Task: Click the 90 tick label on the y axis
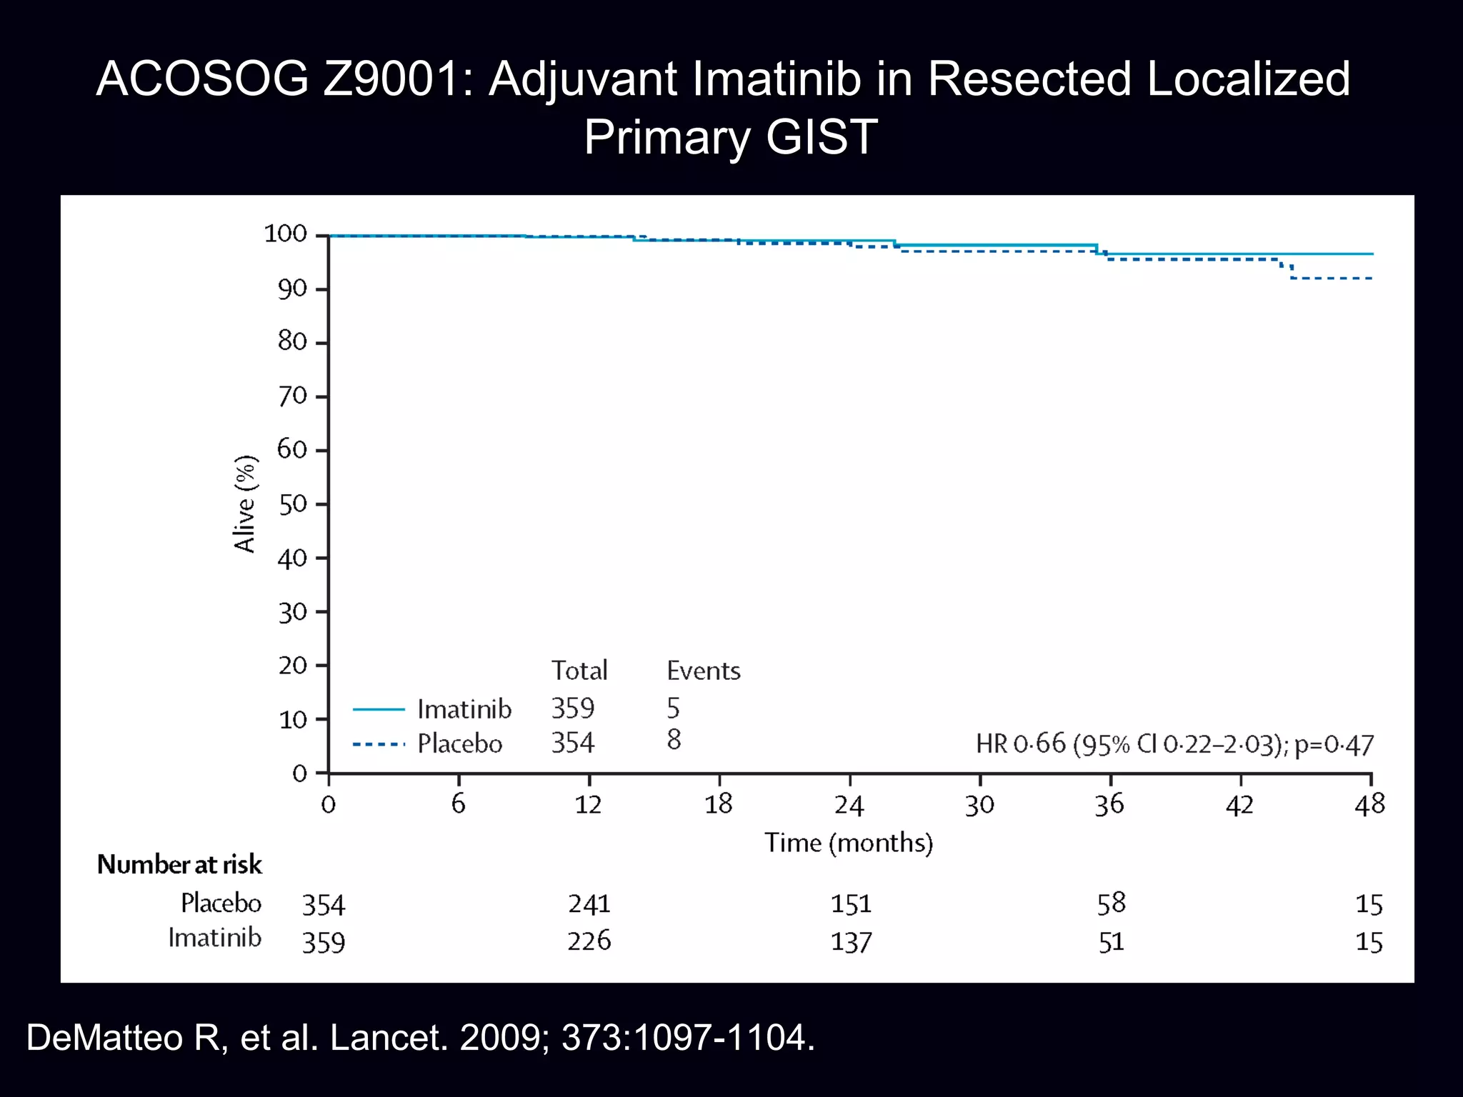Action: (x=292, y=289)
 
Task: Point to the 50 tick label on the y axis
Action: (x=292, y=505)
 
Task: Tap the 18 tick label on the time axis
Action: (x=719, y=805)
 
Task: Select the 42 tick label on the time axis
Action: (x=1239, y=806)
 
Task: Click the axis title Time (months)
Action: (x=849, y=843)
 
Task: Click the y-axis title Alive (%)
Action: (x=245, y=504)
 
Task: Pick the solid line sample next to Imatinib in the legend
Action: (x=379, y=709)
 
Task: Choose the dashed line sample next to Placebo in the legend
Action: (x=379, y=744)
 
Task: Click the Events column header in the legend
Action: (x=703, y=671)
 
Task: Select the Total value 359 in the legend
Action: (x=573, y=708)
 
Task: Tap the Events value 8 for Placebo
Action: (x=674, y=740)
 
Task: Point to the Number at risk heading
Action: (x=179, y=865)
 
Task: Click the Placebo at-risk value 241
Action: (x=589, y=904)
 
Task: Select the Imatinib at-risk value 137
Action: (x=851, y=943)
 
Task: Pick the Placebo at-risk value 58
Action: (x=1111, y=903)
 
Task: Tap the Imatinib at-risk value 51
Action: (x=1111, y=943)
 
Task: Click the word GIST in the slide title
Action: (x=822, y=137)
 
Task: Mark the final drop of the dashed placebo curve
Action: (x=1292, y=271)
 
